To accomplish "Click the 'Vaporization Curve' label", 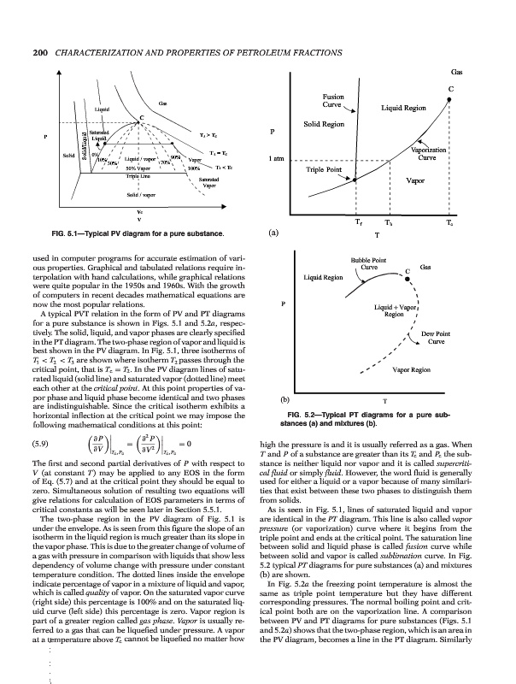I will pos(441,155).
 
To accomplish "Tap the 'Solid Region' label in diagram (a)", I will pos(322,125).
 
